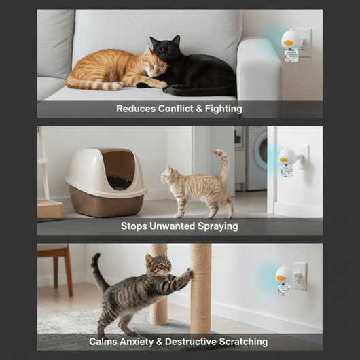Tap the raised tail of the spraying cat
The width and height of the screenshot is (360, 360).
[x=223, y=163]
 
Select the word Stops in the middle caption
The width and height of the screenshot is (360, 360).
[x=134, y=226]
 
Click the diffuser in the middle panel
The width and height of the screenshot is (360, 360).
[x=287, y=162]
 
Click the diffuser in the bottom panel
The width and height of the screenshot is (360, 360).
[x=284, y=279]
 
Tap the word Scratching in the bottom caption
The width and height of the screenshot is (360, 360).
[x=242, y=342]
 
